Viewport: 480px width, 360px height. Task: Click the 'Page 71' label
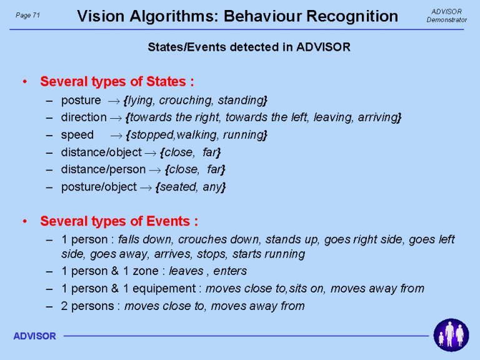coord(28,15)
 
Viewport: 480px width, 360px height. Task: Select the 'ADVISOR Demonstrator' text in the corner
coord(446,16)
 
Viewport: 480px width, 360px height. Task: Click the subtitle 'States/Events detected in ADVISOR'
coord(249,47)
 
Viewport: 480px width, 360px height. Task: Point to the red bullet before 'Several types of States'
coord(25,82)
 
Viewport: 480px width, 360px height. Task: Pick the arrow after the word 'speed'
coord(116,136)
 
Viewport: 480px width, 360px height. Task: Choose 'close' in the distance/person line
coord(183,169)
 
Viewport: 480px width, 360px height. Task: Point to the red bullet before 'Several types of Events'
coord(25,221)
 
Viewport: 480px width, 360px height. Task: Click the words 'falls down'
coord(144,239)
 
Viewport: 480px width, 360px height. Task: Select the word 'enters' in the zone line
coord(230,271)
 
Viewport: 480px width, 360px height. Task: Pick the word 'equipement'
coord(164,289)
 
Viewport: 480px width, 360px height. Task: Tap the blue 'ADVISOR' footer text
coord(34,336)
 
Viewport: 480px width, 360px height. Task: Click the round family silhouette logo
coord(451,335)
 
